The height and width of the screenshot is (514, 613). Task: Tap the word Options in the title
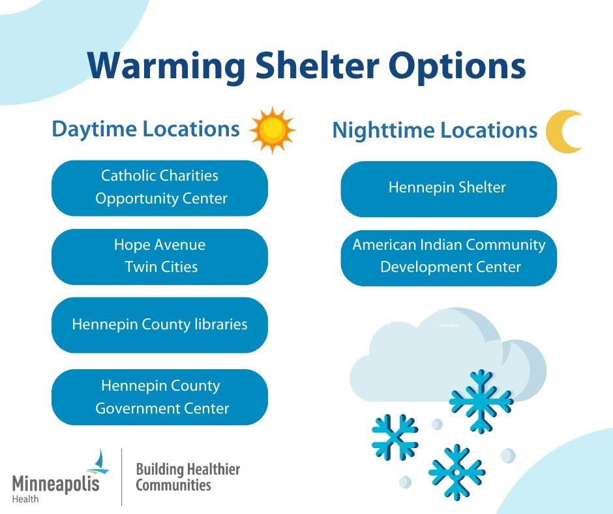[x=456, y=66]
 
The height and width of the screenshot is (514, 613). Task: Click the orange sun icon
[x=273, y=130]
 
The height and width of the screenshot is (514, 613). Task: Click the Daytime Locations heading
[x=145, y=129]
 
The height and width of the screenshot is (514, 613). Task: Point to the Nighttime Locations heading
[x=435, y=130]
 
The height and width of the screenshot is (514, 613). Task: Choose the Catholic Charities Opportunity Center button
[x=160, y=188]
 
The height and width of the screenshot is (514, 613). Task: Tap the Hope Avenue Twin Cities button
[x=160, y=257]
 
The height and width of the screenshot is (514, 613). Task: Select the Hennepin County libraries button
[x=160, y=325]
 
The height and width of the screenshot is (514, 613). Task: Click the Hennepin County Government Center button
[x=160, y=397]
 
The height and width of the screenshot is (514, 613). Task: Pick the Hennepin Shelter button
[x=449, y=189]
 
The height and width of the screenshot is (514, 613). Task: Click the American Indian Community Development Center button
[x=449, y=258]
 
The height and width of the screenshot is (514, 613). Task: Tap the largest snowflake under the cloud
[x=481, y=401]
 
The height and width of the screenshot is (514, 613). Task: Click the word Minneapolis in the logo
[x=56, y=483]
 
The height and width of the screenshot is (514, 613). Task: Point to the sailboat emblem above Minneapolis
[x=98, y=462]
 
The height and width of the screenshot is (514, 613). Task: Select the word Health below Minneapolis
[x=25, y=499]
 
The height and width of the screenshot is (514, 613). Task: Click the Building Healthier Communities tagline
[x=188, y=477]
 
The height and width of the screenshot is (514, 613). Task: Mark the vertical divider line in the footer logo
[x=121, y=477]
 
